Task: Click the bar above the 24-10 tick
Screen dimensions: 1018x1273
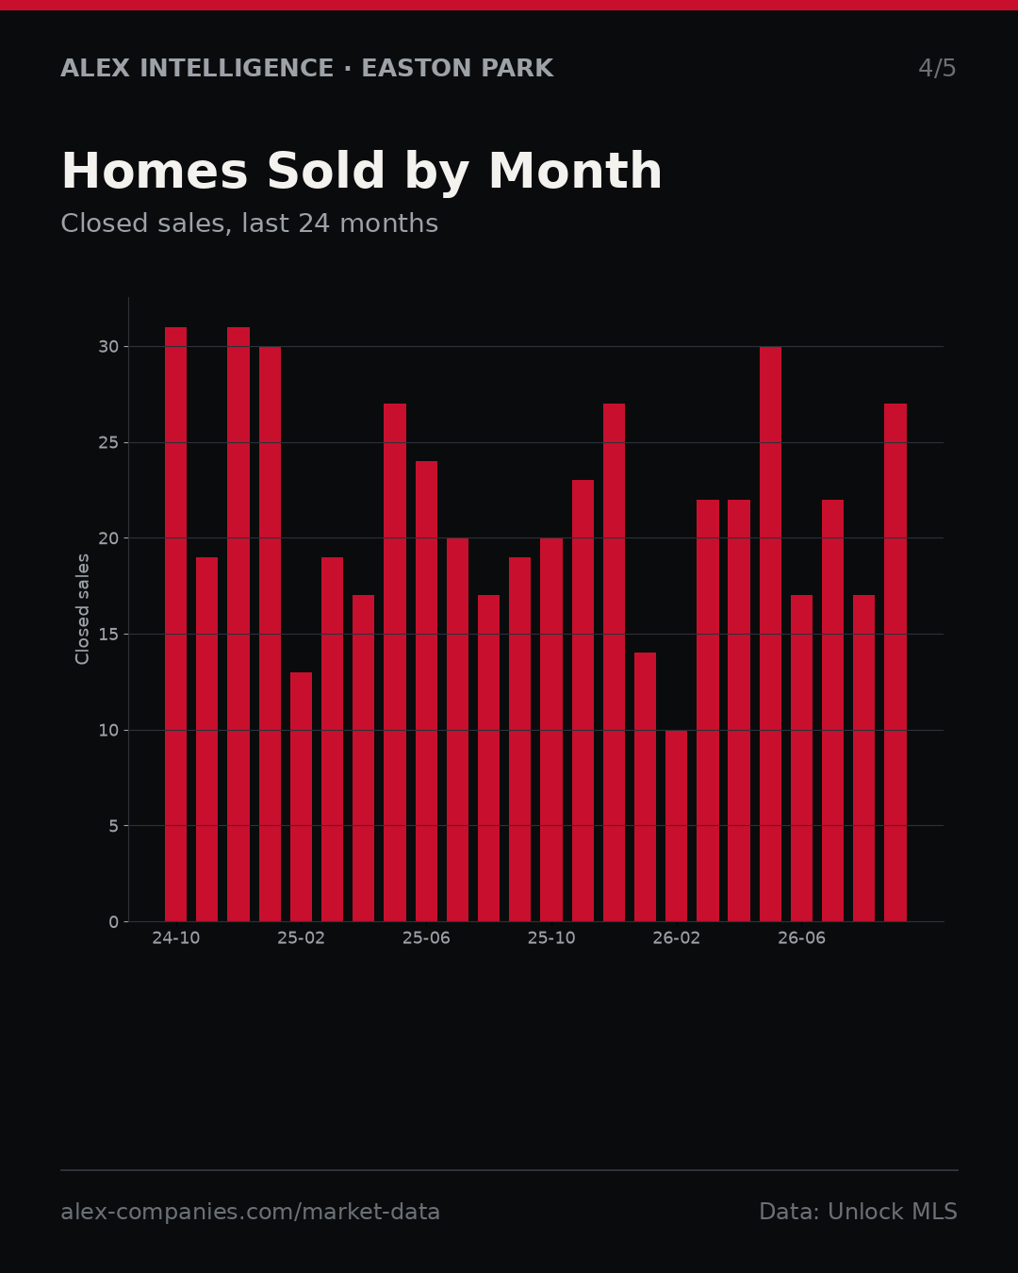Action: pyautogui.click(x=175, y=624)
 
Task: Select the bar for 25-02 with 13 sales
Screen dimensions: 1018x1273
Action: pyautogui.click(x=301, y=797)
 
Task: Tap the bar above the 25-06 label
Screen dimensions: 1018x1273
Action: pyautogui.click(x=426, y=691)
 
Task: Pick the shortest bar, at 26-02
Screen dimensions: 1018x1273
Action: pyautogui.click(x=676, y=826)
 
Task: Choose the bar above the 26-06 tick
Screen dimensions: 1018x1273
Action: pyautogui.click(x=801, y=758)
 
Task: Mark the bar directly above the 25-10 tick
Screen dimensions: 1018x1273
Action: pyautogui.click(x=551, y=729)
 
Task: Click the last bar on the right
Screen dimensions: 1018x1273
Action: pyautogui.click(x=895, y=663)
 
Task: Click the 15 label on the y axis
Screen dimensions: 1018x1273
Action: pyautogui.click(x=108, y=634)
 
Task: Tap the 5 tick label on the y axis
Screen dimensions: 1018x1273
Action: pyautogui.click(x=114, y=826)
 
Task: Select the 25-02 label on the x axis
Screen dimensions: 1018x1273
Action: pyautogui.click(x=301, y=938)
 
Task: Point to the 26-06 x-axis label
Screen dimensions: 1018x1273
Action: pyautogui.click(x=801, y=938)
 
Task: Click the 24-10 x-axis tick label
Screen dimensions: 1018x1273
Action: pyautogui.click(x=175, y=938)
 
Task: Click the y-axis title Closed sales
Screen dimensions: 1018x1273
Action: pyautogui.click(x=82, y=609)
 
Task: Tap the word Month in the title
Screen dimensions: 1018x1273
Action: pyautogui.click(x=575, y=171)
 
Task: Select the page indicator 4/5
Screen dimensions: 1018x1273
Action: pyautogui.click(x=938, y=68)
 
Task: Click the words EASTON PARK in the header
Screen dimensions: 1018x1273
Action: pyautogui.click(x=457, y=68)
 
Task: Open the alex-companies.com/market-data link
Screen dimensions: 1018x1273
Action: pyautogui.click(x=250, y=1212)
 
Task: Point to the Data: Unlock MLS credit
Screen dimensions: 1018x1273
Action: pyautogui.click(x=859, y=1212)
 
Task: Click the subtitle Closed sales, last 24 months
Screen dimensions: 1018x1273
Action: pyautogui.click(x=249, y=223)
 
